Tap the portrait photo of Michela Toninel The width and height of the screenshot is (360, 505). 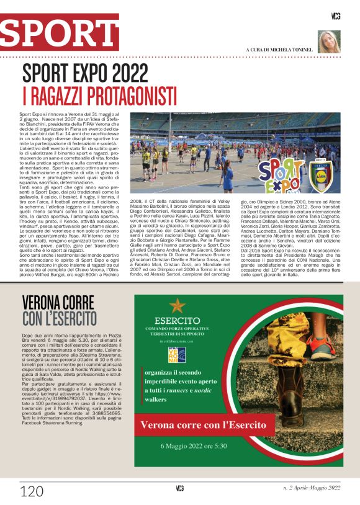click(328, 42)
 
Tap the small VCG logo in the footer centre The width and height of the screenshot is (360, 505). click(180, 488)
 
